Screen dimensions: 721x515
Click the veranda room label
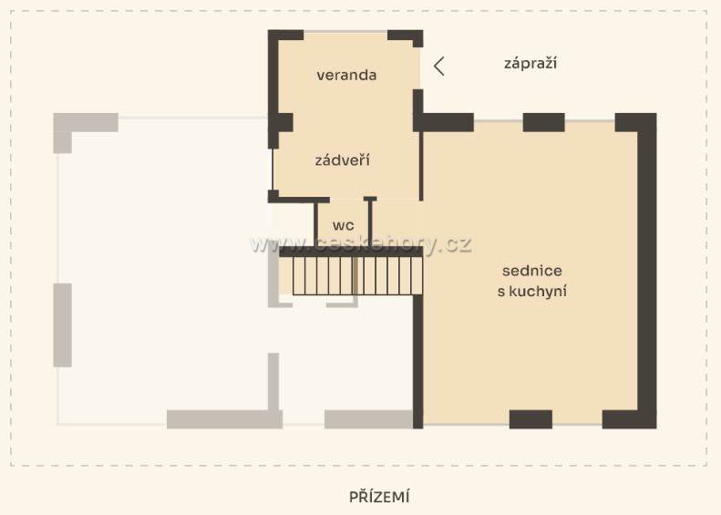click(x=346, y=75)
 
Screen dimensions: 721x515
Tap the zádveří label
click(x=343, y=160)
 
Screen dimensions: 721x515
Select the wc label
click(x=343, y=226)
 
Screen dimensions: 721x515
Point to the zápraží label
click(x=530, y=63)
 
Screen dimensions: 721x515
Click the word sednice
click(x=532, y=271)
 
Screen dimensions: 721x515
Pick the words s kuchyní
click(x=532, y=291)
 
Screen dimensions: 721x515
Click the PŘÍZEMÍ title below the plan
click(x=379, y=497)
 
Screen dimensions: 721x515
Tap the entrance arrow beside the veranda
click(x=439, y=67)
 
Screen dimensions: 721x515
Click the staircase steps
click(x=357, y=276)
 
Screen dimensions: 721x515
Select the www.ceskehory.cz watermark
click(x=361, y=243)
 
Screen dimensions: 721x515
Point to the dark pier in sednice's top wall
click(x=544, y=122)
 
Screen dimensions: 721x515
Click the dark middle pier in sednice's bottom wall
click(x=530, y=419)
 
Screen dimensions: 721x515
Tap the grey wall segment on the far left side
click(x=63, y=325)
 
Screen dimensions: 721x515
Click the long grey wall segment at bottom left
click(x=224, y=419)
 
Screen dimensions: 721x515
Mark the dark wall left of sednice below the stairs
click(x=418, y=362)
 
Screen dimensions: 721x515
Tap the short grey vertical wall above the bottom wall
click(x=273, y=382)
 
